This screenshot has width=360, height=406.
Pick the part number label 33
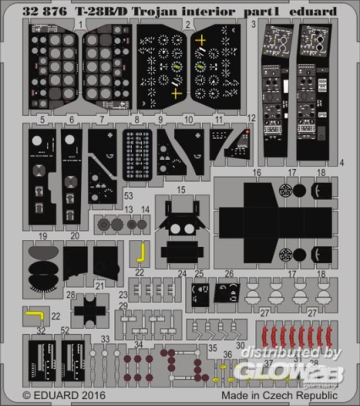coord(106,338)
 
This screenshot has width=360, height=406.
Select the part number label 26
coord(228,273)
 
